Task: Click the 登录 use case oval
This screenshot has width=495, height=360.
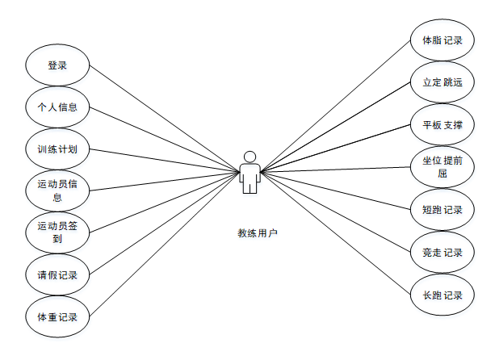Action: click(57, 65)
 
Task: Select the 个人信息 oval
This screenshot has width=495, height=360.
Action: click(57, 107)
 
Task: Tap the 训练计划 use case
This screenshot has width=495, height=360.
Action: click(57, 149)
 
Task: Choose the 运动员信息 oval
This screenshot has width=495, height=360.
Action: click(57, 190)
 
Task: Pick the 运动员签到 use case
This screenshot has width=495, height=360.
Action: click(57, 232)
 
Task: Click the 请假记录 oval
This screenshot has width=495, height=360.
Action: click(57, 274)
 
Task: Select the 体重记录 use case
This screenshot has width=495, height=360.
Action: click(57, 316)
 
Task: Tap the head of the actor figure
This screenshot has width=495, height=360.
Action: click(250, 157)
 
